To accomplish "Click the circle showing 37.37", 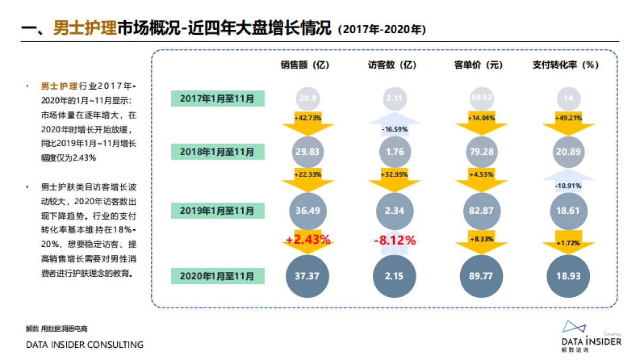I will point(307,276).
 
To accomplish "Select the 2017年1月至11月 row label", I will point(217,98).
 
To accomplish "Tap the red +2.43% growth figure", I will point(308,240).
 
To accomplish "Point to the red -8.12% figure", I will point(395,240).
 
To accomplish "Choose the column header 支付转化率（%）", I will point(566,65).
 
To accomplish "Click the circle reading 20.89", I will point(569,152).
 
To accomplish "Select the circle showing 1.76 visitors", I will point(395,152).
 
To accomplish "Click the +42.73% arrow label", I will point(308,118).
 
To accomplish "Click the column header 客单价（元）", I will point(478,65).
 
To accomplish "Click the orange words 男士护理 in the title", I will point(85,28).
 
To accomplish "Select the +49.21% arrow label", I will point(569,118).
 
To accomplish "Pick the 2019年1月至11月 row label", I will point(217,211).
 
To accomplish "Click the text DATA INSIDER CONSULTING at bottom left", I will point(85,345).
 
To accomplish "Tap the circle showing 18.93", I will point(569,276).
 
